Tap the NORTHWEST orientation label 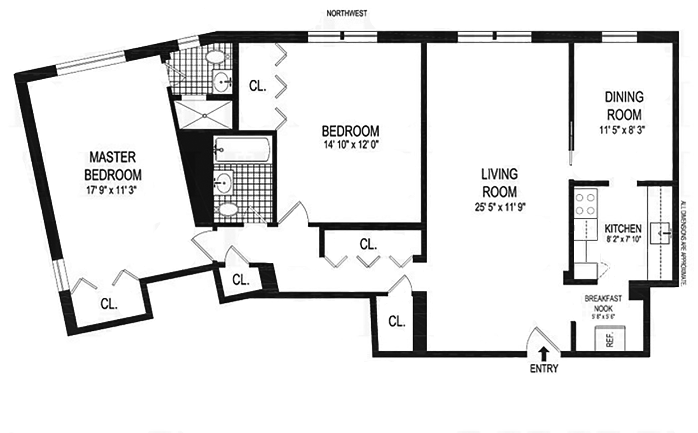pos(346,14)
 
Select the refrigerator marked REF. pos(610,338)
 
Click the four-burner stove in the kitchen pos(586,203)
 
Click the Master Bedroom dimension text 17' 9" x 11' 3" pos(112,190)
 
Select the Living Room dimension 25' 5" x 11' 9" pos(500,208)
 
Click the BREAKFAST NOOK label pos(603,303)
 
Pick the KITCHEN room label pos(623,228)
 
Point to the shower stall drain pos(204,116)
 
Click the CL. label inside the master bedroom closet pos(109,304)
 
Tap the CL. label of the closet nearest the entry pos(396,321)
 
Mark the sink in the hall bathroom pos(223,182)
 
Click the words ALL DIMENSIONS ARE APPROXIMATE pos(683,243)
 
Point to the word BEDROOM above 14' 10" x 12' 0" pos(350,131)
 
